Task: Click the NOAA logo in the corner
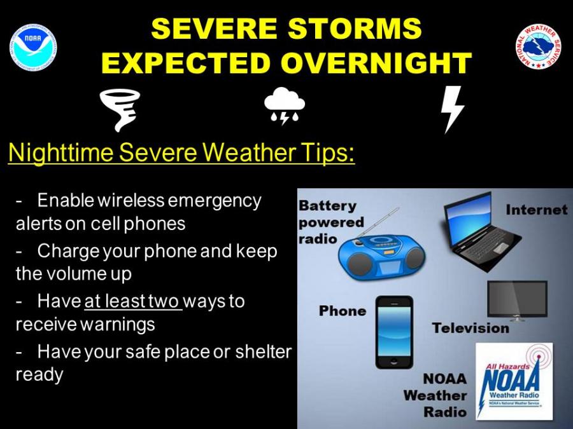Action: point(33,48)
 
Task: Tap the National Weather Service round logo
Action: point(539,48)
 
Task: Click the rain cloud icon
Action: point(284,106)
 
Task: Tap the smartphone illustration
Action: point(394,332)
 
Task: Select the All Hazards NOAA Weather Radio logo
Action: point(514,381)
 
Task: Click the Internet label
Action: point(536,209)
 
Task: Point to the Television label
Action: point(470,328)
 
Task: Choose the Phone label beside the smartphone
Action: point(343,311)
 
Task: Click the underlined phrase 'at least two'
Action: point(132,301)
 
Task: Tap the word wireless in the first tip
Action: point(131,200)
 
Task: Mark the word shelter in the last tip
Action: point(263,351)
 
